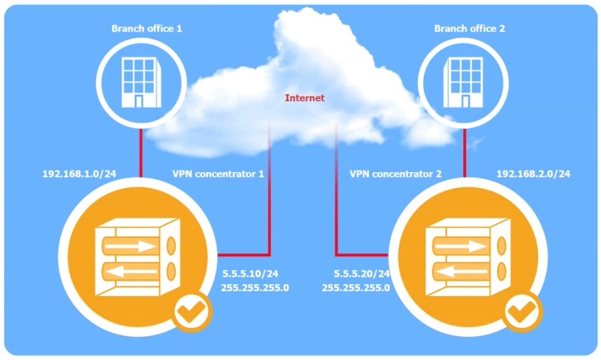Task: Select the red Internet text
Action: [305, 98]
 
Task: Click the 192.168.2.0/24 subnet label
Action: [533, 173]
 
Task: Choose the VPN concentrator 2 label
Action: [395, 173]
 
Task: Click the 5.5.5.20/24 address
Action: [359, 274]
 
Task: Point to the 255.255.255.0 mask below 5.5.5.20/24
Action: [355, 288]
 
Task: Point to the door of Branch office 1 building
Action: [138, 101]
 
